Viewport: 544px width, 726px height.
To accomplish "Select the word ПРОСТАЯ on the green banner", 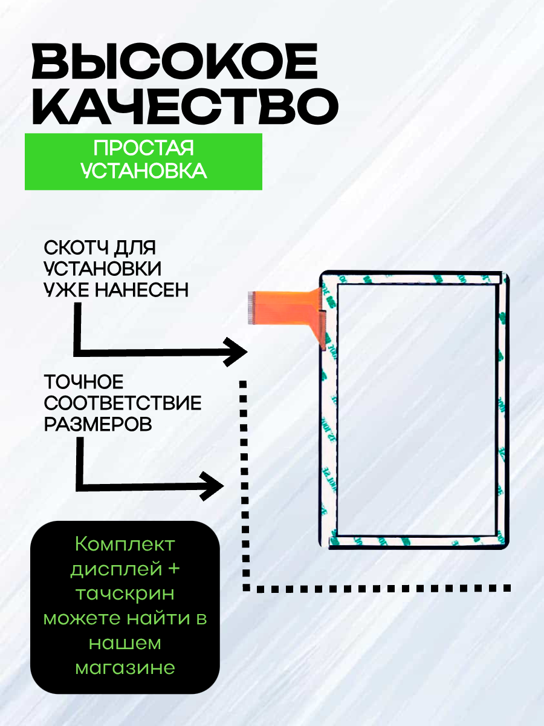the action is coord(143,149).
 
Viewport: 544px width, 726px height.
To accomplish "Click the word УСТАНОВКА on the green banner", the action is coord(143,171).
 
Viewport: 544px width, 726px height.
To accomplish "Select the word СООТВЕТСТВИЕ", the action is coord(123,403).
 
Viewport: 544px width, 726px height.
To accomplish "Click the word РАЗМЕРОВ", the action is coord(98,424).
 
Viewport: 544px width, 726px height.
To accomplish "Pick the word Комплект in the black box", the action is coord(125,544).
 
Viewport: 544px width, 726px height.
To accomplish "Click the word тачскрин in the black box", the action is coord(125,594).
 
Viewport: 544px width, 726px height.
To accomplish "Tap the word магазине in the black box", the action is coord(125,667).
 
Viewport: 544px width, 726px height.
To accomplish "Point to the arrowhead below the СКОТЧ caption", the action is coord(235,352).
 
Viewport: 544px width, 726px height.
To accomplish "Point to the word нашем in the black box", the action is coord(125,643).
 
